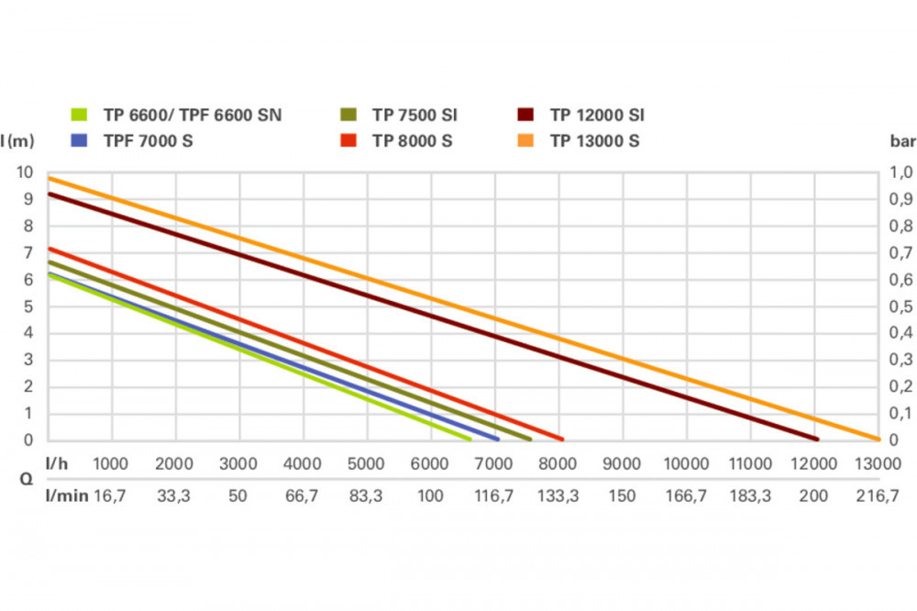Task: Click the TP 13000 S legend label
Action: (x=594, y=141)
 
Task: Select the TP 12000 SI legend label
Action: (x=597, y=116)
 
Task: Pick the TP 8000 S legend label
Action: (x=412, y=141)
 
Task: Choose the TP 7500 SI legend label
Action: (x=414, y=116)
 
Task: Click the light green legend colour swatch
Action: (x=80, y=116)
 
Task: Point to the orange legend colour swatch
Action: (x=526, y=141)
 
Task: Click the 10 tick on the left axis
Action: (x=25, y=172)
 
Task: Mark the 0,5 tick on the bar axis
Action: (x=901, y=306)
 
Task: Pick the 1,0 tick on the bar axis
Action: (x=901, y=172)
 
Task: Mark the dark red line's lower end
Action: (x=815, y=439)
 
